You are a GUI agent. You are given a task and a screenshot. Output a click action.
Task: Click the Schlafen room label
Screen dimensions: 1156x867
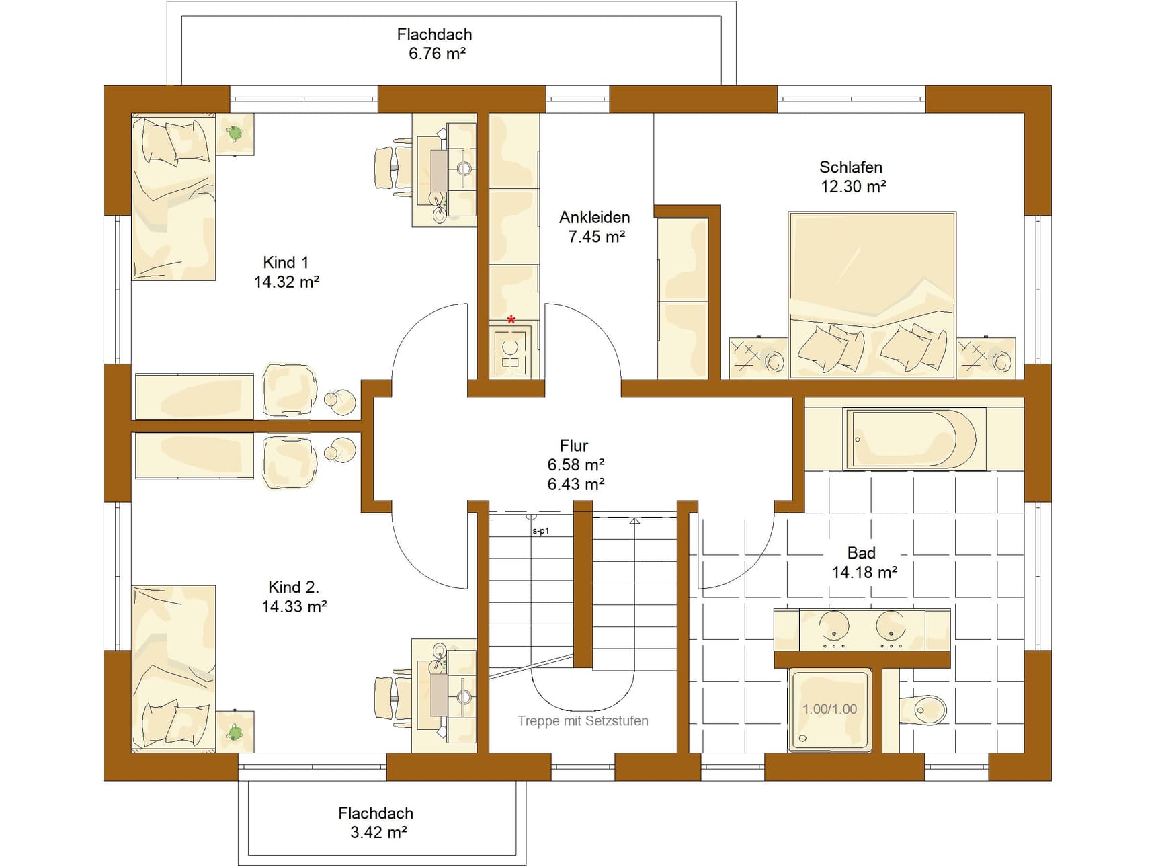pos(850,167)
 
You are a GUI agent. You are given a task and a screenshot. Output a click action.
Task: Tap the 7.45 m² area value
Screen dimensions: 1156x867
pos(597,237)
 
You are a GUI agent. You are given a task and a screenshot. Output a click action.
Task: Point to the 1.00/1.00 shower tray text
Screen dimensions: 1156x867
pos(830,709)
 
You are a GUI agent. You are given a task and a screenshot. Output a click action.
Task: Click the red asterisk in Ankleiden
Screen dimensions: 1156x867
pos(511,320)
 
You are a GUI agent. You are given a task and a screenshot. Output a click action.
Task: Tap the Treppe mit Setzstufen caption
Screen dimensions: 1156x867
pos(583,721)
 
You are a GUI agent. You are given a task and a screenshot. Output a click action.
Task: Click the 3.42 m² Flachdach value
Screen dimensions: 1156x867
pos(378,833)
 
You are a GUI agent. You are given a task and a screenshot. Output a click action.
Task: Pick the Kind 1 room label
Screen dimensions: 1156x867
pos(286,263)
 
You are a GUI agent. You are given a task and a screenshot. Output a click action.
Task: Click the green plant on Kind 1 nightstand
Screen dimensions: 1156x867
pos(235,134)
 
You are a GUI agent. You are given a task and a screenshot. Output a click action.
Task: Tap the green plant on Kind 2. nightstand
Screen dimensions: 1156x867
pos(235,732)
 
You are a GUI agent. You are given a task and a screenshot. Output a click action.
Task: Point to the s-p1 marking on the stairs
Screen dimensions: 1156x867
pos(541,531)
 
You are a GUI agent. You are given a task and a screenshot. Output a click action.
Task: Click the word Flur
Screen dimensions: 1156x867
pos(574,446)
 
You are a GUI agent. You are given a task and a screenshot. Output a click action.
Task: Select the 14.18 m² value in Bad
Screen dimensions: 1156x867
pos(864,573)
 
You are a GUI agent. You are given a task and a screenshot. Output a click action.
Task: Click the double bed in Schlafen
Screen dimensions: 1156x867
pos(872,295)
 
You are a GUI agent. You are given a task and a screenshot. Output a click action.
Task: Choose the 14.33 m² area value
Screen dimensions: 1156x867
pos(294,607)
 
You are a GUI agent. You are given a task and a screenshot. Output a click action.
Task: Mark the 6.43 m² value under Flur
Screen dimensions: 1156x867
pos(576,484)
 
